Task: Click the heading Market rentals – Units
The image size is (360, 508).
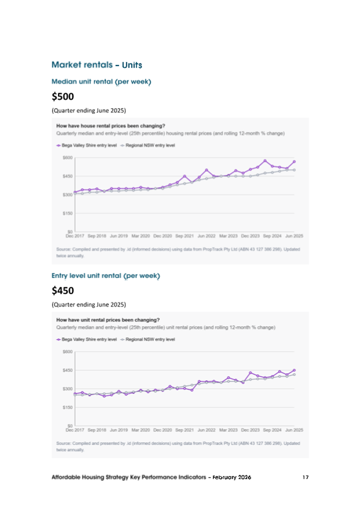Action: pyautogui.click(x=96, y=64)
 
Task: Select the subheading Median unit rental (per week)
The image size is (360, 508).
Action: pyautogui.click(x=101, y=82)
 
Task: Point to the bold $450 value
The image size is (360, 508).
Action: pyautogui.click(x=62, y=291)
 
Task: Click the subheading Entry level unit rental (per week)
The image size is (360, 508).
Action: pyautogui.click(x=106, y=276)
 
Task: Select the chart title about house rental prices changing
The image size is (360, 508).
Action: pyautogui.click(x=110, y=126)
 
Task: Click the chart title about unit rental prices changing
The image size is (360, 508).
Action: pyautogui.click(x=108, y=320)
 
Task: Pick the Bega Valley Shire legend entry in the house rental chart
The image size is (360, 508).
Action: pyautogui.click(x=86, y=145)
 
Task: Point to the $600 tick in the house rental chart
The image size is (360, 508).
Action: pyautogui.click(x=68, y=157)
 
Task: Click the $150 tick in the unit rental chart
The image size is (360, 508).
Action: pyautogui.click(x=68, y=407)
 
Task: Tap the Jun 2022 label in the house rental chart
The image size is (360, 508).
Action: pyautogui.click(x=206, y=235)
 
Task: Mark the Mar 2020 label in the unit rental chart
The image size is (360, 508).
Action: pyautogui.click(x=140, y=429)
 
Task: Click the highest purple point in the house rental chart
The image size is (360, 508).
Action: pyautogui.click(x=265, y=160)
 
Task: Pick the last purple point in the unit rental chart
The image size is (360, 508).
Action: pyautogui.click(x=294, y=370)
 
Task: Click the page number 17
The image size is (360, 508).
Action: pyautogui.click(x=305, y=477)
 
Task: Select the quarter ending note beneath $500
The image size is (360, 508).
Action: pyautogui.click(x=89, y=111)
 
